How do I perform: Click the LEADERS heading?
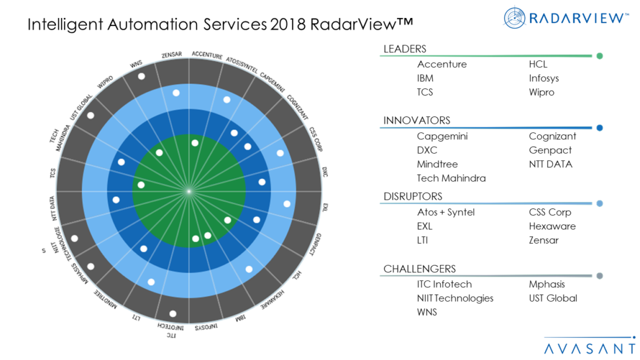(x=405, y=49)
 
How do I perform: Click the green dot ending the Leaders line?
(x=600, y=56)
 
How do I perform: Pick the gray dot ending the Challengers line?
(x=600, y=276)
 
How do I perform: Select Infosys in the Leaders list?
(x=544, y=78)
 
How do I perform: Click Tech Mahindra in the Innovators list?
(x=451, y=178)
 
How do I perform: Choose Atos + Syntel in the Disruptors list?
(x=446, y=213)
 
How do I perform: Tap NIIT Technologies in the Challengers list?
(x=455, y=298)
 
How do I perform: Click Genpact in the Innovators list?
(x=550, y=150)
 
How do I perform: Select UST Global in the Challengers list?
(x=552, y=298)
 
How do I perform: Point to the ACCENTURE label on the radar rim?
(x=207, y=55)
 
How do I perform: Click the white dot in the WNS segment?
(x=142, y=76)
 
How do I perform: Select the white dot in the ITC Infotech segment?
(x=173, y=314)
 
